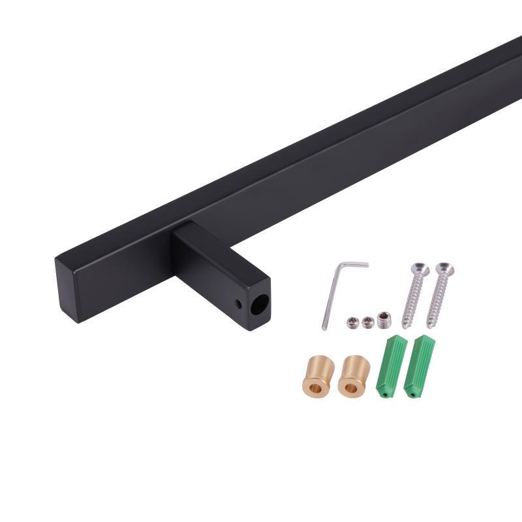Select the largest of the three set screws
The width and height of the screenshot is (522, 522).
coord(383,319)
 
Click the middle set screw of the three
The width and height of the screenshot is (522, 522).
coord(368,322)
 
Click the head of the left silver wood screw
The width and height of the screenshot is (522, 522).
coord(419,268)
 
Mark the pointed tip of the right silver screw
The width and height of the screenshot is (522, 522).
coord(430,326)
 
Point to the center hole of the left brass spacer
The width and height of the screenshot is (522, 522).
coord(315,388)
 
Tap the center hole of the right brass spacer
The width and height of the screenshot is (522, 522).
coord(351,388)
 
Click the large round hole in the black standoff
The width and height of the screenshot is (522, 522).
coord(259,306)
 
